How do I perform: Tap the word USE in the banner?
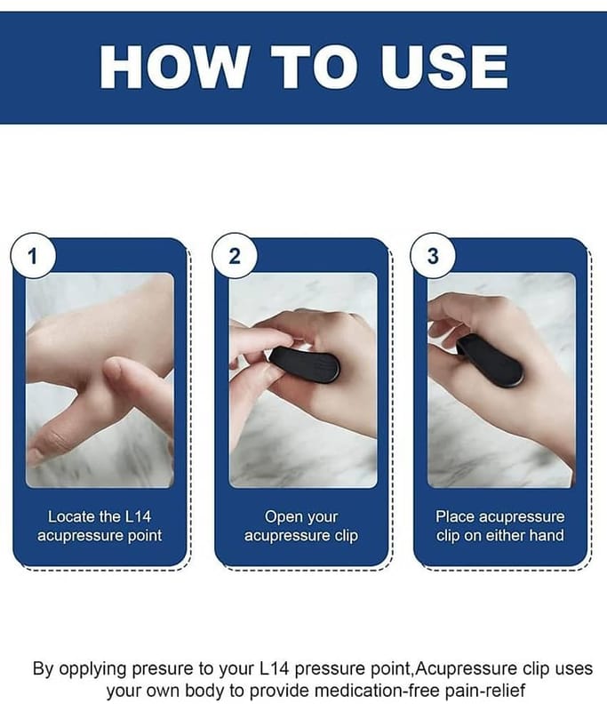pyautogui.click(x=444, y=67)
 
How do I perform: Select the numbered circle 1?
pyautogui.click(x=33, y=256)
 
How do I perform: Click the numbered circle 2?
pyautogui.click(x=235, y=256)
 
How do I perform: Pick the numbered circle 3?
pyautogui.click(x=433, y=256)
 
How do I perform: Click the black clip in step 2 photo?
pyautogui.click(x=305, y=365)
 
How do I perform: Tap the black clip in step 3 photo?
pyautogui.click(x=490, y=359)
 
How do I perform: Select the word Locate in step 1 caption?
pyautogui.click(x=72, y=516)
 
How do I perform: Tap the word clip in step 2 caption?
pyautogui.click(x=347, y=536)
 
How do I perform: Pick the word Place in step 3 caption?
pyautogui.click(x=455, y=516)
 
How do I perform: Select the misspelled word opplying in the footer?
pyautogui.click(x=93, y=669)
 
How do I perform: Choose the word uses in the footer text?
pyautogui.click(x=574, y=670)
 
